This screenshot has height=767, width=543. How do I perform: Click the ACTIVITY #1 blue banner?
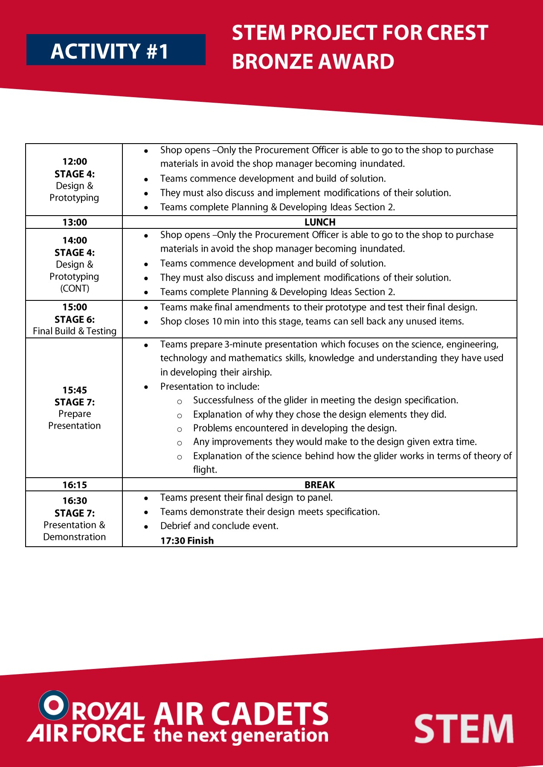116,50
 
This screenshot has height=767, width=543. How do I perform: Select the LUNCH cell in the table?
319,222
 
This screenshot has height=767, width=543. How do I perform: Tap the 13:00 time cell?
75,222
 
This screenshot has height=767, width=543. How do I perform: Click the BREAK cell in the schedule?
319,484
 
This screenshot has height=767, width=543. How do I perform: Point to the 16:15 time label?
75,484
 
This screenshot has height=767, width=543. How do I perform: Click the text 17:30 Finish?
187,540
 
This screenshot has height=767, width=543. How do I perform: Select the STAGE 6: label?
75,319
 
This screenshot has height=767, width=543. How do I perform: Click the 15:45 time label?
75,390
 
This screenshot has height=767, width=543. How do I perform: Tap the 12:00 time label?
75,161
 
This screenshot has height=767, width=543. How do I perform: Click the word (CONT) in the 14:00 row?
75,288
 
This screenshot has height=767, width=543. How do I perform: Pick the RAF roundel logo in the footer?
54,705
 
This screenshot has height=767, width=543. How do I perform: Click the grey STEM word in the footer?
464,729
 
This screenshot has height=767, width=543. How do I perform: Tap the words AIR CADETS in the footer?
241,714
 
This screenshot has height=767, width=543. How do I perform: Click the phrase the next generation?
241,735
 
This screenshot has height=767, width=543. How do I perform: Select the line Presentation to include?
209,386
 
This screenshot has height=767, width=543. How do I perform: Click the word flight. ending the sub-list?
205,470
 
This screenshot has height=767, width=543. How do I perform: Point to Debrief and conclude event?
219,526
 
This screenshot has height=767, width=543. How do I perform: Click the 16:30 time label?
75,501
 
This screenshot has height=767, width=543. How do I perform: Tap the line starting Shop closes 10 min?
311,321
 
